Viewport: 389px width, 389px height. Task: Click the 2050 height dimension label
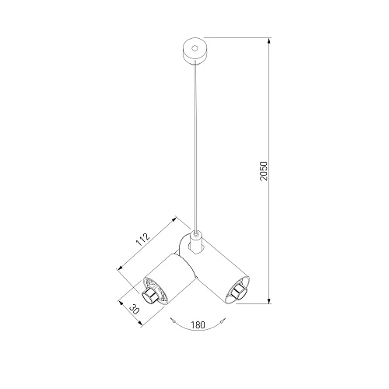click(x=264, y=171)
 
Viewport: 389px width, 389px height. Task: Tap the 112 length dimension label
click(x=143, y=240)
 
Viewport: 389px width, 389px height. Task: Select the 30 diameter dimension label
click(x=134, y=309)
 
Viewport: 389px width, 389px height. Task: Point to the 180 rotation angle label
click(x=198, y=324)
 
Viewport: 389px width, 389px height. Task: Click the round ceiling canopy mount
click(x=195, y=51)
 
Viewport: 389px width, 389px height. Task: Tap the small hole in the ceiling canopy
click(x=194, y=48)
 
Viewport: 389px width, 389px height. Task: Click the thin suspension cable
click(x=195, y=146)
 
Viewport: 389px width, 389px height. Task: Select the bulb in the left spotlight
click(x=149, y=296)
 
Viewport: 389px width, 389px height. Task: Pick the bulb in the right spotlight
click(x=238, y=293)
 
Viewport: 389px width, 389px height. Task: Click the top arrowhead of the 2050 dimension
click(x=269, y=41)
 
